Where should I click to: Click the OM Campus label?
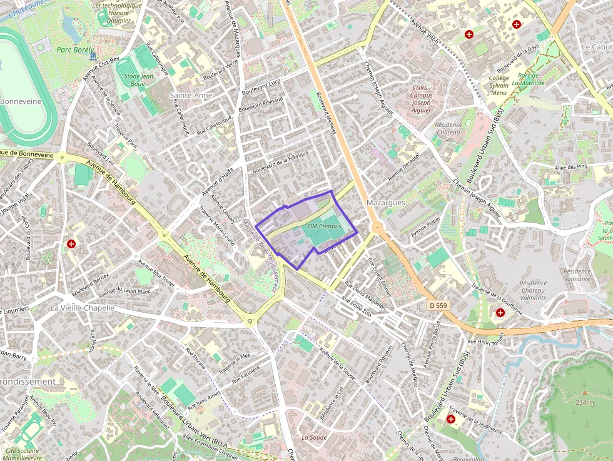click(x=324, y=225)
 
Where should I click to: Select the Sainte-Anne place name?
click(x=191, y=95)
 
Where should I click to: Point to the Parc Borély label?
click(x=75, y=49)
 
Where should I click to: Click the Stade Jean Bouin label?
click(x=139, y=79)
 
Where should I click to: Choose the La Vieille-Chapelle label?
click(x=83, y=308)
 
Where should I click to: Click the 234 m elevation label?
click(x=585, y=402)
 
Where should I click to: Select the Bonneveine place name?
click(x=21, y=101)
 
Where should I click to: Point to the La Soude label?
click(x=314, y=437)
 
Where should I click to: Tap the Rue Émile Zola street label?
click(x=357, y=306)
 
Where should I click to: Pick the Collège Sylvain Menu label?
click(x=499, y=86)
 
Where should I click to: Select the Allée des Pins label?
click(x=571, y=167)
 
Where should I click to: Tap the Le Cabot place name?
click(x=597, y=47)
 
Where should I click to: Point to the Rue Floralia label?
click(x=196, y=360)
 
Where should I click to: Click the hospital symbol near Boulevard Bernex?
click(x=72, y=243)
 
